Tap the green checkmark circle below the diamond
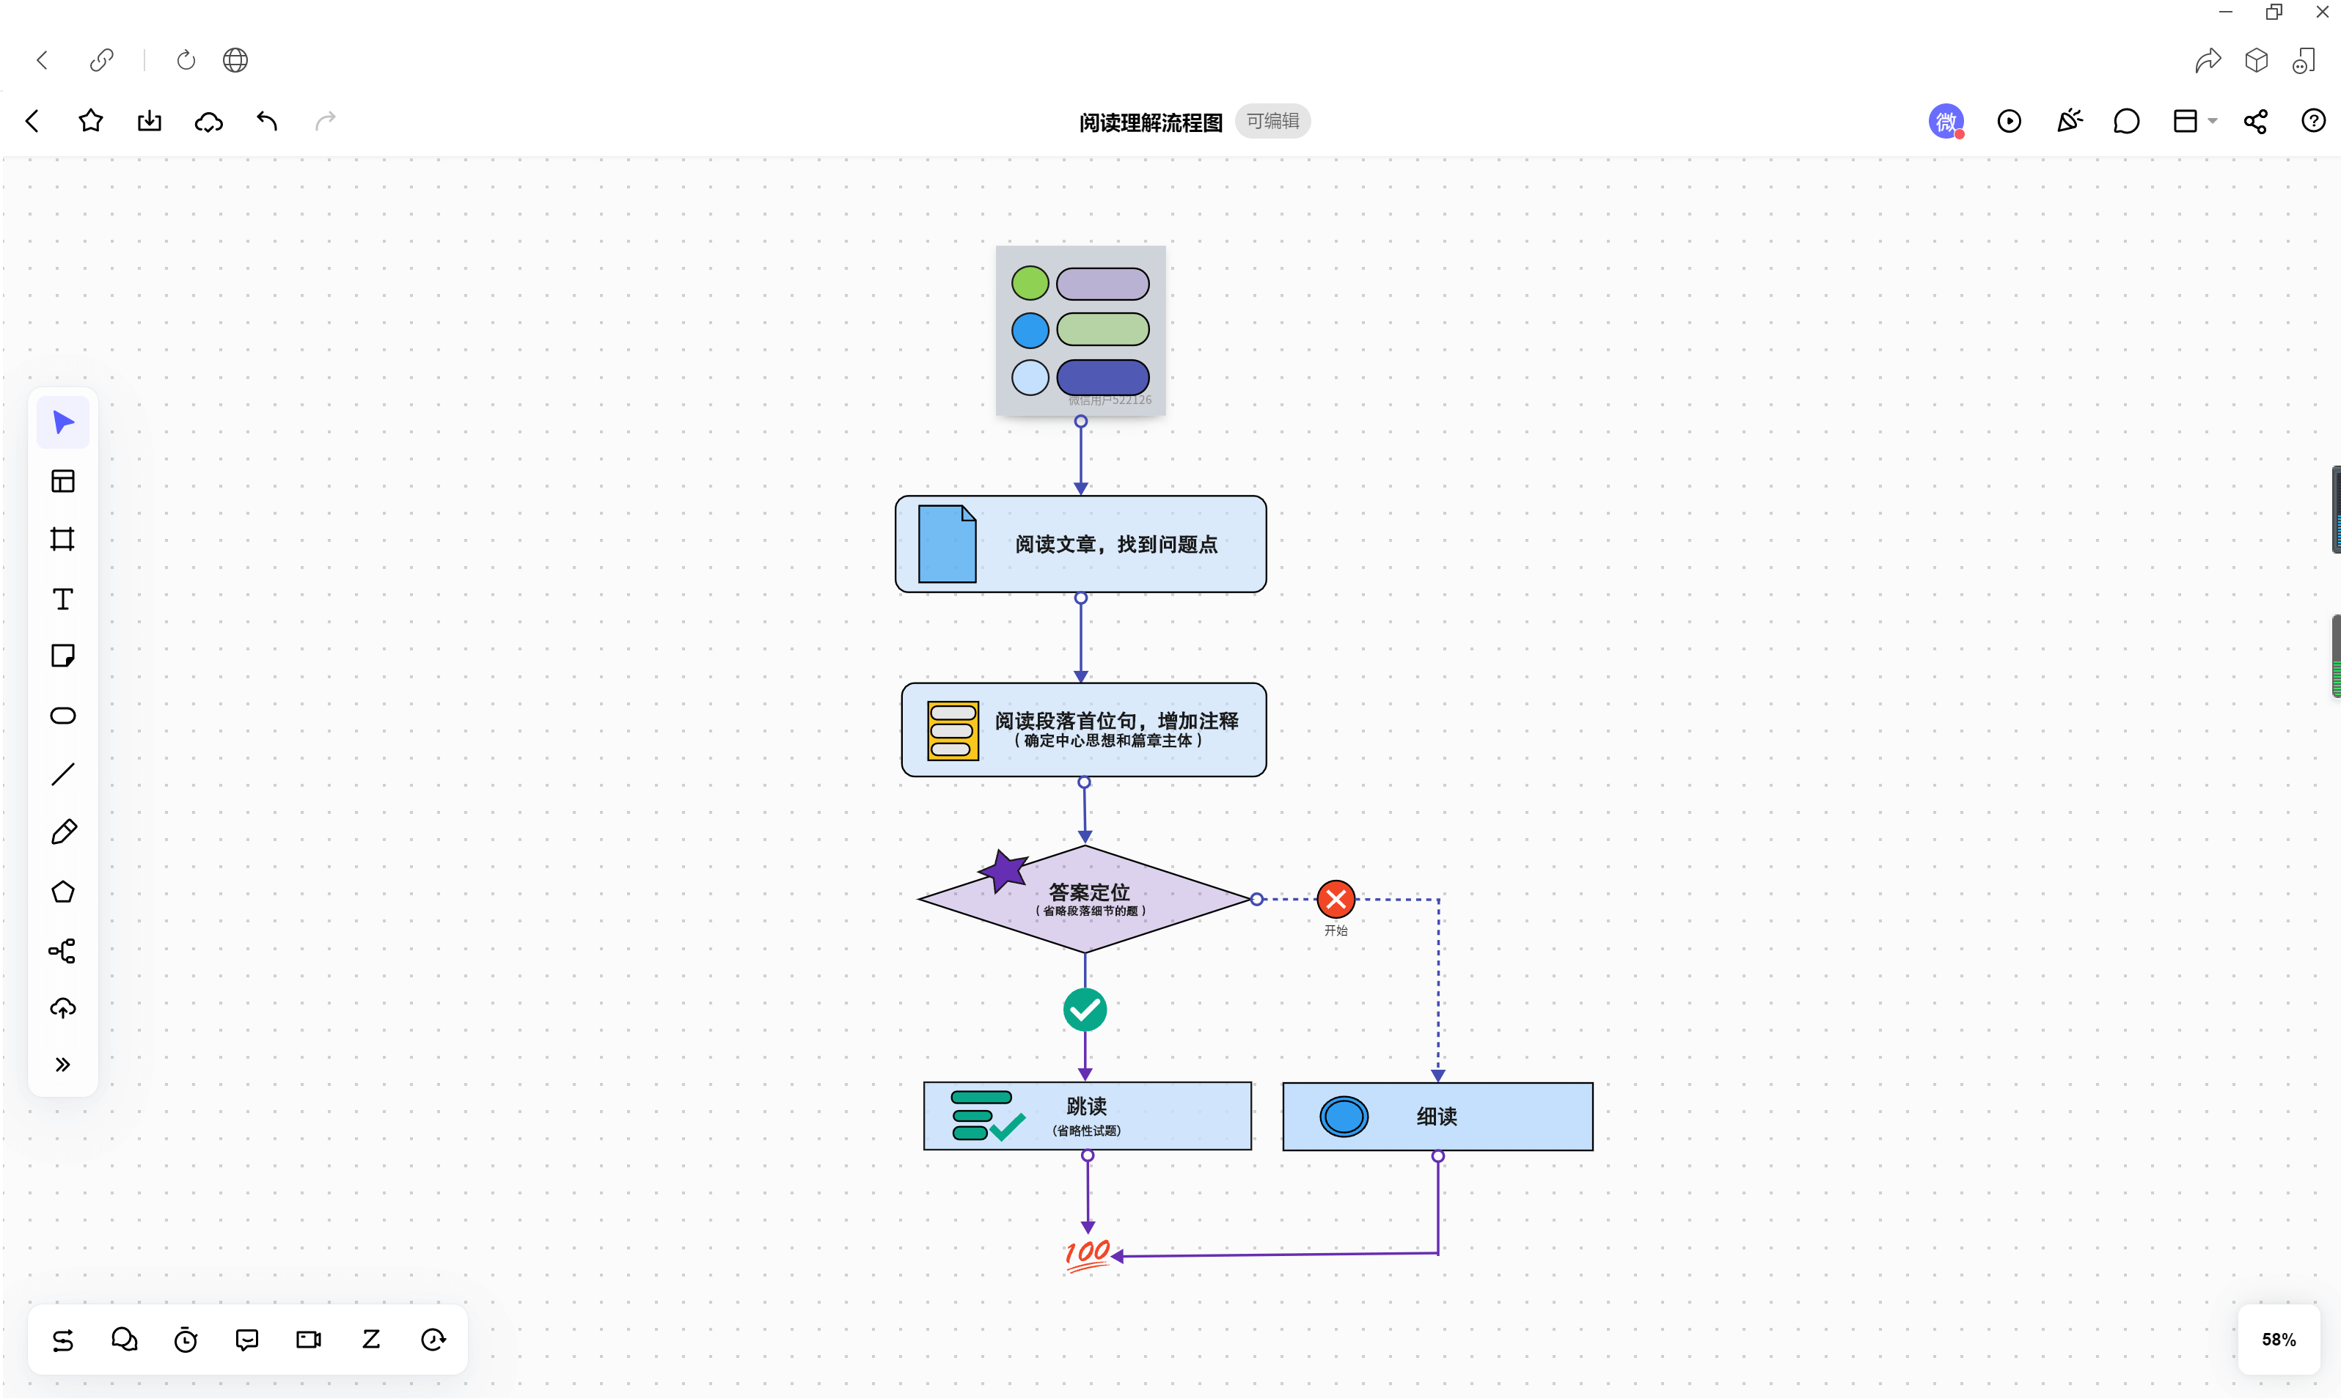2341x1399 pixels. pyautogui.click(x=1084, y=1010)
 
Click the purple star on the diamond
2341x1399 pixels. pyautogui.click(x=1003, y=870)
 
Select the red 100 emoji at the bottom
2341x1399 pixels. pyautogui.click(x=1087, y=1254)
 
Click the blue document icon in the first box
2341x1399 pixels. pyautogui.click(x=947, y=544)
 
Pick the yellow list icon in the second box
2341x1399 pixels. pyautogui.click(x=952, y=730)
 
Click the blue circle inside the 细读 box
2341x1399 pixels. pyautogui.click(x=1344, y=1117)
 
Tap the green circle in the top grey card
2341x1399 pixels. pyautogui.click(x=1030, y=283)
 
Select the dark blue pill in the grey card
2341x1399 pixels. pyautogui.click(x=1102, y=377)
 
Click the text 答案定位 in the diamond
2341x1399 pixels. pyautogui.click(x=1089, y=892)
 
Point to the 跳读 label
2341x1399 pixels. pyautogui.click(x=1086, y=1106)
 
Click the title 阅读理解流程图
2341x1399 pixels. pyautogui.click(x=1150, y=122)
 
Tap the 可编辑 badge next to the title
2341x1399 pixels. pyautogui.click(x=1272, y=122)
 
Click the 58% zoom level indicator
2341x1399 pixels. pyautogui.click(x=2278, y=1340)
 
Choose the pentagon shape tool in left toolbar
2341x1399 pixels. pyautogui.click(x=63, y=892)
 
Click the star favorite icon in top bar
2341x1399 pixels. pyautogui.click(x=90, y=121)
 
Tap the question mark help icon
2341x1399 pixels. pyautogui.click(x=2312, y=121)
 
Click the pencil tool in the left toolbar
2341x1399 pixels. pyautogui.click(x=63, y=832)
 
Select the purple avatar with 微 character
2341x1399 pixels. pyautogui.click(x=1945, y=122)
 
